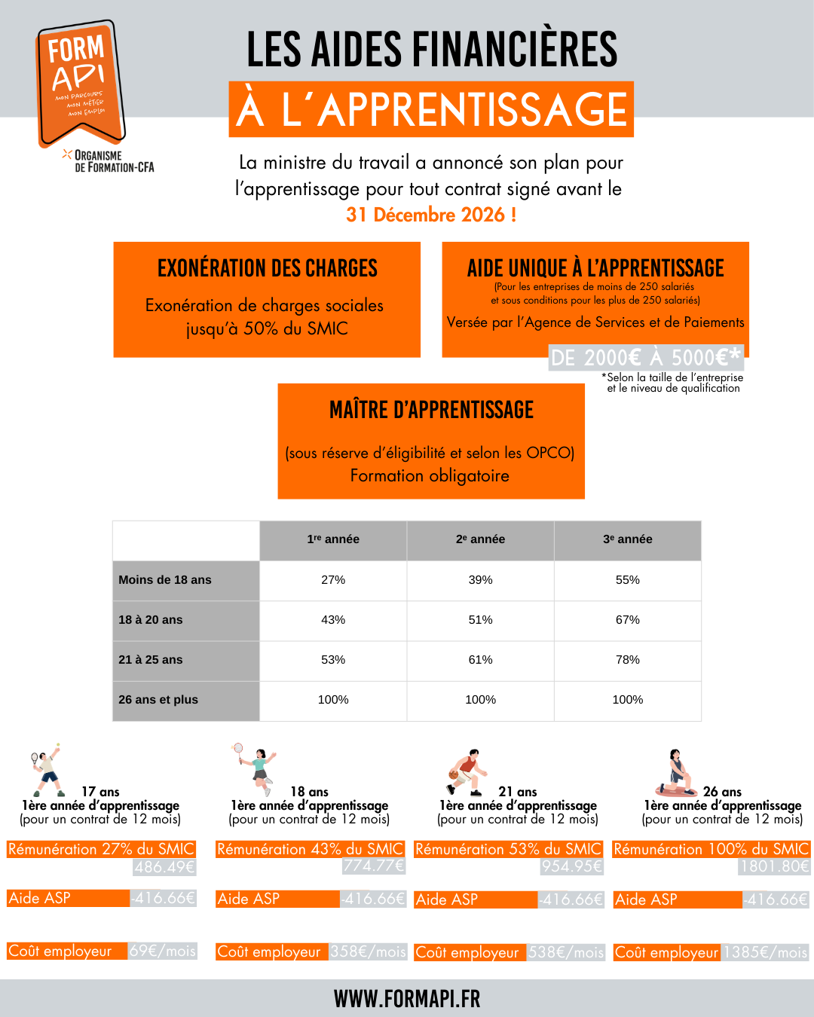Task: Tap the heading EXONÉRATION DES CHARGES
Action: [268, 268]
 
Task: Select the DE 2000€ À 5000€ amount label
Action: [646, 357]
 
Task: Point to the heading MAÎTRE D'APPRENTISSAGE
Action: [431, 410]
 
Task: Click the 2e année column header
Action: [480, 539]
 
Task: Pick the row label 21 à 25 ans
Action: [151, 660]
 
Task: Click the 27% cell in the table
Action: [333, 580]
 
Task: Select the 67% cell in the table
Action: [627, 620]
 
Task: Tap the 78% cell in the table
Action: [627, 660]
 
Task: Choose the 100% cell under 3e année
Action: [627, 700]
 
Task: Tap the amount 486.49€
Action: [165, 867]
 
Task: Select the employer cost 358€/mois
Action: [369, 951]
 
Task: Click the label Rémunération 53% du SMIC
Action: [509, 849]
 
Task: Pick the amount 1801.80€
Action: [774, 866]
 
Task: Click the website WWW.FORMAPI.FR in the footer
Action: [407, 999]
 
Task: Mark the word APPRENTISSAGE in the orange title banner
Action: [473, 110]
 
